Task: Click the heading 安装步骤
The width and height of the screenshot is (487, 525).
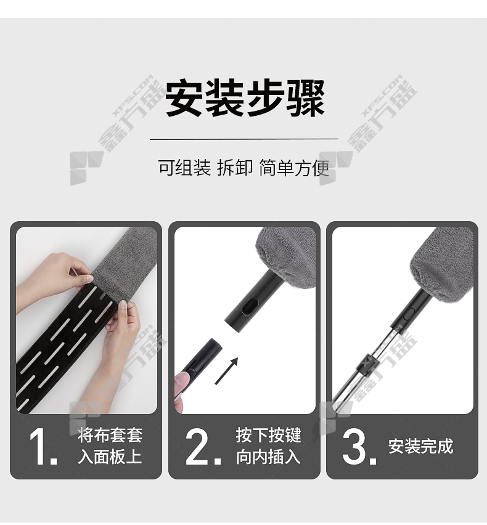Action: click(x=245, y=97)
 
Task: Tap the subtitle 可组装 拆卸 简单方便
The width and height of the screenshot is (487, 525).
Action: click(x=244, y=168)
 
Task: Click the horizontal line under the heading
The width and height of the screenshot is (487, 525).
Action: click(x=244, y=139)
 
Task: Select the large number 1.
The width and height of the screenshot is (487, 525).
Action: click(x=42, y=447)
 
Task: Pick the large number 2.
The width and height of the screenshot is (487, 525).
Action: click(x=203, y=447)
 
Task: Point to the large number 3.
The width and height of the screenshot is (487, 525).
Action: click(x=359, y=447)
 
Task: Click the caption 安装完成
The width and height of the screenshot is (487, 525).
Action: click(x=420, y=446)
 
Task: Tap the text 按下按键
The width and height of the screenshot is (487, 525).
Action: click(x=268, y=435)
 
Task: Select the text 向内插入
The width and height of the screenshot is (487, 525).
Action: click(x=268, y=457)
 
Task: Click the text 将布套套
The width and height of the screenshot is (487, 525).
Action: click(x=110, y=435)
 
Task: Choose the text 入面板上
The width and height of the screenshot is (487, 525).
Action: click(x=110, y=457)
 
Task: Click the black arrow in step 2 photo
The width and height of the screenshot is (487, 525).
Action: click(x=226, y=371)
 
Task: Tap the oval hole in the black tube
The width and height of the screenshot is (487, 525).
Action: click(x=250, y=307)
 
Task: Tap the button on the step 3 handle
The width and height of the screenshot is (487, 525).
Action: click(x=408, y=314)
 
